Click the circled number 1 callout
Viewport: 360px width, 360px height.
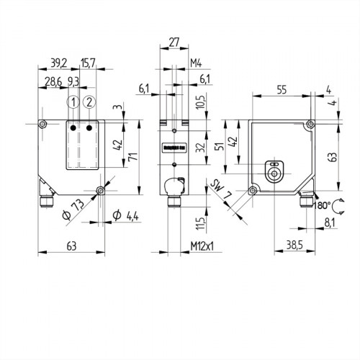(73, 102)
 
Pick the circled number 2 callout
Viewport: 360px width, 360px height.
(89, 102)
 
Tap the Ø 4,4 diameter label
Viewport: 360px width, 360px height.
(127, 215)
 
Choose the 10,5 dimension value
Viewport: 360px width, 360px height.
(201, 102)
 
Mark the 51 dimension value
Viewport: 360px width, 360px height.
(218, 147)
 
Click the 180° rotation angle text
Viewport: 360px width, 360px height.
(320, 206)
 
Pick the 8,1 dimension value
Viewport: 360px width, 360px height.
(329, 225)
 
